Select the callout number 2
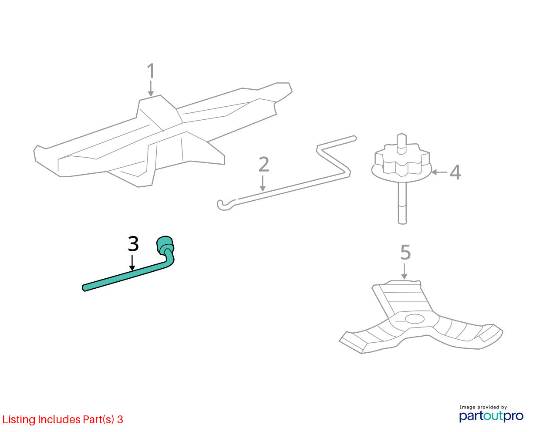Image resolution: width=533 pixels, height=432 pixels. (x=264, y=165)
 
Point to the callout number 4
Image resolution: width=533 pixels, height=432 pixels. (x=455, y=172)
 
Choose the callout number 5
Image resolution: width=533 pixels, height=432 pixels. (x=405, y=252)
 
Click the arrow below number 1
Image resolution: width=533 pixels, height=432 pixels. (x=151, y=88)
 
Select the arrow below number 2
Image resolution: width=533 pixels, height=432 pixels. (x=263, y=183)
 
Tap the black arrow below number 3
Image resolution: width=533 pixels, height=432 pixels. (x=132, y=263)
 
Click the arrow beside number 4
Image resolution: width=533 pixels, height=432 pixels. (x=439, y=172)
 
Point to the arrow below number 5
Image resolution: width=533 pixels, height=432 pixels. (x=404, y=271)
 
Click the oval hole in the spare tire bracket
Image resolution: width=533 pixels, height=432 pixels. (x=415, y=319)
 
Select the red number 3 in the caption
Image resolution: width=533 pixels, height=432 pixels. (x=120, y=419)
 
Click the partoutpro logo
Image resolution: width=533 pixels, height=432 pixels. (x=491, y=416)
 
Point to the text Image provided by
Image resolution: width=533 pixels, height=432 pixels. (x=483, y=408)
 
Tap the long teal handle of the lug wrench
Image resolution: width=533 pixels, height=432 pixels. (x=125, y=276)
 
